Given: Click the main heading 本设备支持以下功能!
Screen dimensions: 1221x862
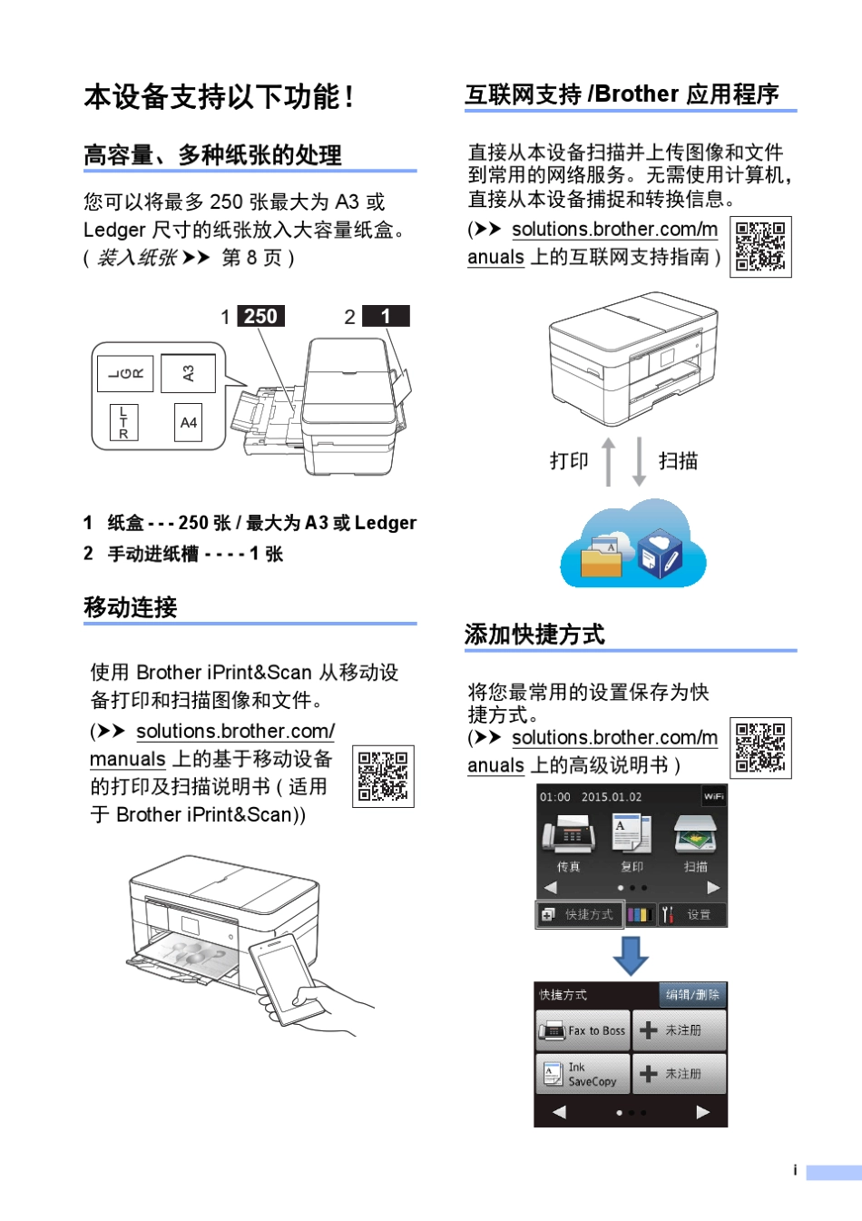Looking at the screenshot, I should [219, 97].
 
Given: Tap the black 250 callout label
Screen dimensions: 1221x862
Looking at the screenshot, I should [260, 316].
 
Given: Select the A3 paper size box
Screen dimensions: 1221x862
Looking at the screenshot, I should [188, 373].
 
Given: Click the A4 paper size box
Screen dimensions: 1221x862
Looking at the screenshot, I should [188, 422].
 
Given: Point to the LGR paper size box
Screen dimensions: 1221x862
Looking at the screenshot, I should [125, 373].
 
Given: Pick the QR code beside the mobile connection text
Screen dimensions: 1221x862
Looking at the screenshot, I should [383, 776].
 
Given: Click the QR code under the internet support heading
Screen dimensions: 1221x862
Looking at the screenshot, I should [760, 247].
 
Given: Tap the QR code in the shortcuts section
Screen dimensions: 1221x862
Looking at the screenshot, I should [760, 748].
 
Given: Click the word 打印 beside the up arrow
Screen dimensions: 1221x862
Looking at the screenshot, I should [569, 461].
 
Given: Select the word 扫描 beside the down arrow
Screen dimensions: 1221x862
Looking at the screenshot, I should [678, 461].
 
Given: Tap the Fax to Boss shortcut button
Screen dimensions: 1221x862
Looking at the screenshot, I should [583, 1030].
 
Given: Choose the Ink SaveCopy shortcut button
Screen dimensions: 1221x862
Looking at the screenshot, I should [583, 1074].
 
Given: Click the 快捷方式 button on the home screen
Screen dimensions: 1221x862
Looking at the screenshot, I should [579, 914].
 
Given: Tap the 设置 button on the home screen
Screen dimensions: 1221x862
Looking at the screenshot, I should [692, 914].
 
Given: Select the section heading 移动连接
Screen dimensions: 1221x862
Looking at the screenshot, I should [131, 607].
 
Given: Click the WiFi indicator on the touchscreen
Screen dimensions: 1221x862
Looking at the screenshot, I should [714, 796].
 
